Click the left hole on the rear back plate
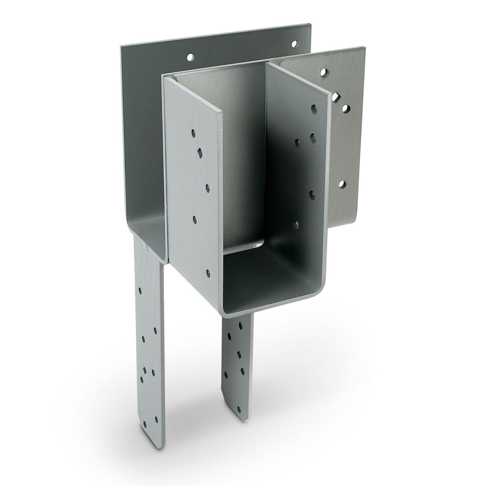[190, 57]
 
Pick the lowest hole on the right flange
[342, 185]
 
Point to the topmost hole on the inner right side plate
[314, 108]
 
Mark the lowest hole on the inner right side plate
[297, 224]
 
